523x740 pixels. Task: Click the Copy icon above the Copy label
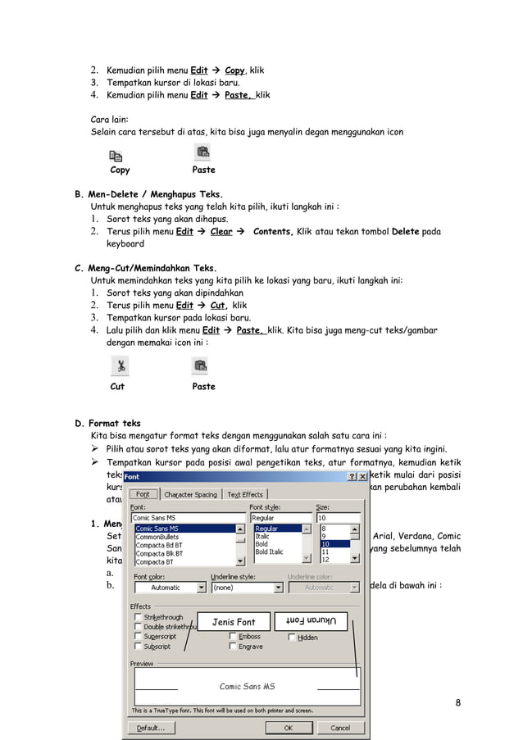[116, 156]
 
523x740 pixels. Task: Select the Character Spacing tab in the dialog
[190, 494]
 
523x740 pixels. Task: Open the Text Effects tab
[245, 494]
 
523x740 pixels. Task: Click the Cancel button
[339, 727]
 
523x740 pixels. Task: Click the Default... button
[152, 727]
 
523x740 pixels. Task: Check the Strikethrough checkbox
[137, 616]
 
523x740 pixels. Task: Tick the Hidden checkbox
[292, 637]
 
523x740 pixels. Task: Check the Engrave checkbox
[233, 647]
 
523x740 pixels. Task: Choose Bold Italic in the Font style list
[271, 552]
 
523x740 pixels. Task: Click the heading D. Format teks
[107, 424]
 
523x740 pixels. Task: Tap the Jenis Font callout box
[234, 622]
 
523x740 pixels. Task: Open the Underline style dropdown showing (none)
[244, 588]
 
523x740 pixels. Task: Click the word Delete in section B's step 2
[405, 232]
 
